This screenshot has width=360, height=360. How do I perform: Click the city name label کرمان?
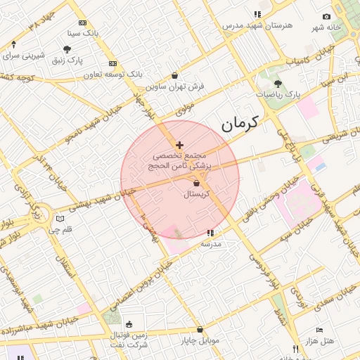coord(240,124)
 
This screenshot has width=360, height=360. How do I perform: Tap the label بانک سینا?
coord(84,32)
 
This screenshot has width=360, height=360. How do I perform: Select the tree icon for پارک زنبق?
coord(67,49)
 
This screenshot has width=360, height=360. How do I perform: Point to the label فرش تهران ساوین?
coord(175,86)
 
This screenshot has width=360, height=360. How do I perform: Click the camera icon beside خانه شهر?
coord(326,16)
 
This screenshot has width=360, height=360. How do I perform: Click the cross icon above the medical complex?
coord(179,144)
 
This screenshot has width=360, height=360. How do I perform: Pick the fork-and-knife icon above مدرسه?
coord(210,233)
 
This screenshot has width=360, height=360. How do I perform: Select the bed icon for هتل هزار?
coord(319,330)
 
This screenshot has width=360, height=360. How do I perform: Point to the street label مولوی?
coord(184,109)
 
